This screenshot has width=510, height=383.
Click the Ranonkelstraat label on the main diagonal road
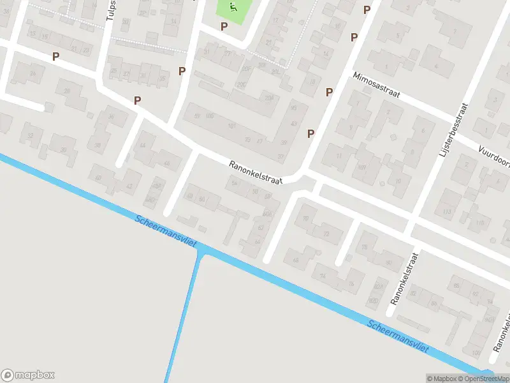pyautogui.click(x=256, y=173)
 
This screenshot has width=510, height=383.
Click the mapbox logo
pyautogui.click(x=28, y=375)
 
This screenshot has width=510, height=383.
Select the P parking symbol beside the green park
pyautogui.click(x=224, y=26)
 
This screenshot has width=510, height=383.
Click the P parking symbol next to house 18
pyautogui.click(x=329, y=92)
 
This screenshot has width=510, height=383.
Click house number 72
pyautogui.click(x=326, y=234)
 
